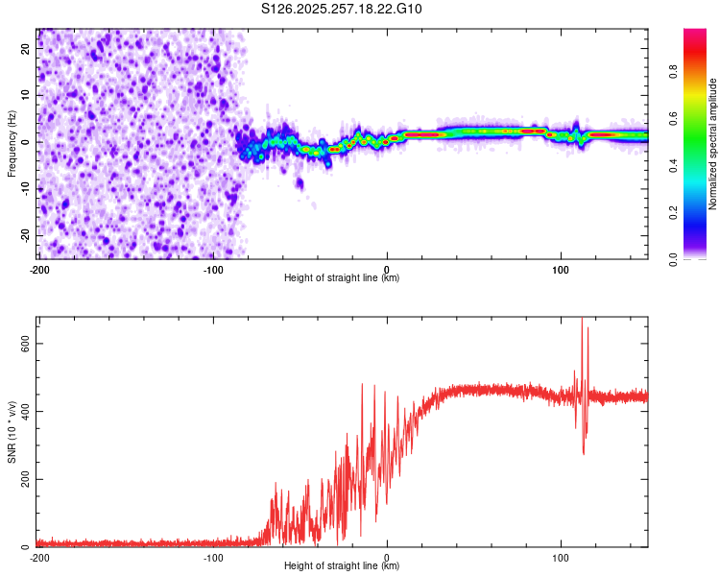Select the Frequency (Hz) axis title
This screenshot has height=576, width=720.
coord(12,143)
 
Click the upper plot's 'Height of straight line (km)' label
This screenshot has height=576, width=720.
coord(342,278)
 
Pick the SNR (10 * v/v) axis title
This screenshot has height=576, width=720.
coord(12,431)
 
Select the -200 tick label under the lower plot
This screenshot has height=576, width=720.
coord(39,557)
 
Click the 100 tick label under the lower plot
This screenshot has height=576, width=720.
coord(561,557)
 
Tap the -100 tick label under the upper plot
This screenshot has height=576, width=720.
coord(213,270)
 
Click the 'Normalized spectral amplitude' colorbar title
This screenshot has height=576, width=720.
coord(713,144)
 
